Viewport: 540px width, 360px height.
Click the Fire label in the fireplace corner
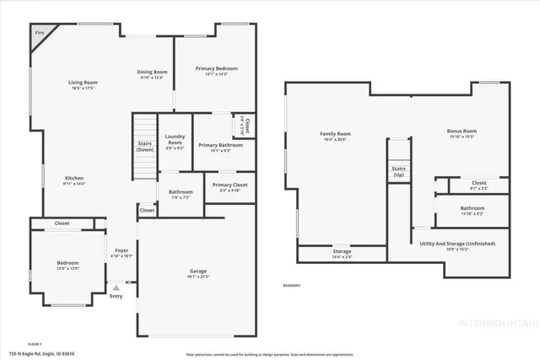tap(39, 33)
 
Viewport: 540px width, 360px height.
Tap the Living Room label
tap(83, 82)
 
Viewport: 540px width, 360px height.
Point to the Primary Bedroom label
tap(216, 68)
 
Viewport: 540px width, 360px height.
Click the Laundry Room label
tap(175, 139)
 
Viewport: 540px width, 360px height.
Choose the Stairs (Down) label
tap(145, 146)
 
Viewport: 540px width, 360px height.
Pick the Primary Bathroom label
tap(220, 145)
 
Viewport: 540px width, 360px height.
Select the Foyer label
tap(121, 250)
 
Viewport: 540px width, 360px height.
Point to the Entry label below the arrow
tap(116, 296)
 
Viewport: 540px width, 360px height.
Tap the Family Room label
tap(335, 134)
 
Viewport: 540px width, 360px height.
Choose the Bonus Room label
tap(462, 131)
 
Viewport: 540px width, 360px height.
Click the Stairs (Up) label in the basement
tap(398, 171)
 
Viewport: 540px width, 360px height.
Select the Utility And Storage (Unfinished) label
tap(457, 244)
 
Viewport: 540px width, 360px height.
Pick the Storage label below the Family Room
tap(342, 250)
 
